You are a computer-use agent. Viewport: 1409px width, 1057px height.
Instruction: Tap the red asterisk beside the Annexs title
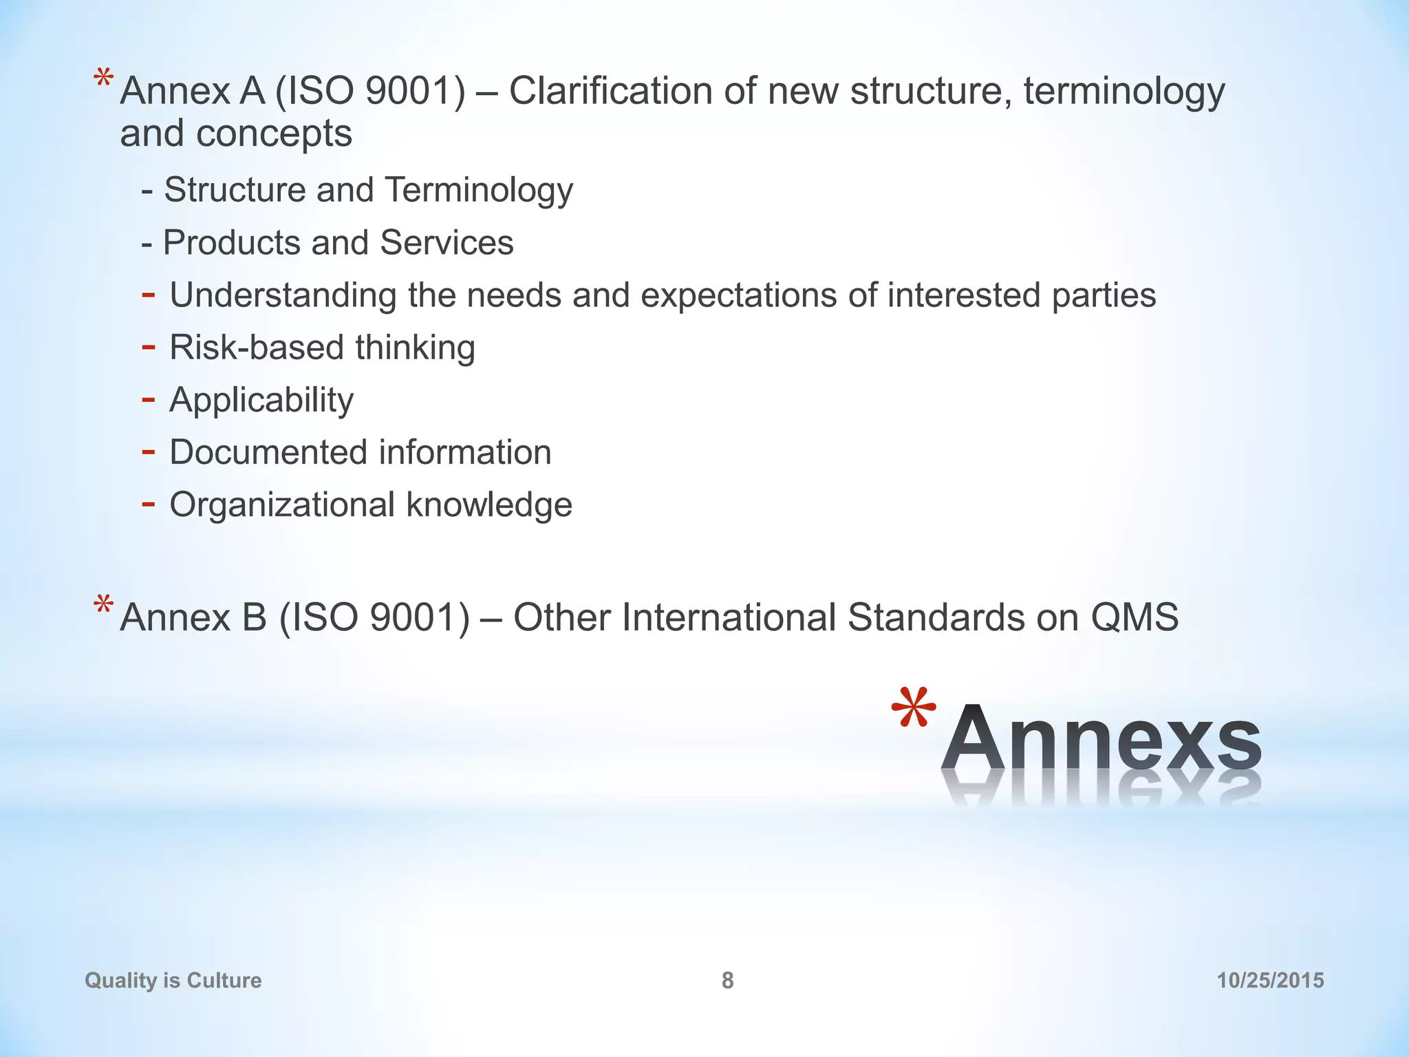coord(914,709)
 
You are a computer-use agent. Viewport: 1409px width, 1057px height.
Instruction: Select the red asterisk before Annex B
coord(104,606)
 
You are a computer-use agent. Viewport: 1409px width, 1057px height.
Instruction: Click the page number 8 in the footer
coord(727,980)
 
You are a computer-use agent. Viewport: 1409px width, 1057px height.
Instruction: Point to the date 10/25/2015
coord(1270,980)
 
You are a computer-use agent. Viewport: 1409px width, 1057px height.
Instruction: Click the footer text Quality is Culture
coord(173,980)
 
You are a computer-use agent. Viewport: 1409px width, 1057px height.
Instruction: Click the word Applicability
coord(261,401)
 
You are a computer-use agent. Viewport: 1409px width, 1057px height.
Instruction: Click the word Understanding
coord(283,296)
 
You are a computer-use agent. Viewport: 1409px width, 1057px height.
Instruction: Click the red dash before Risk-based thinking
coord(148,347)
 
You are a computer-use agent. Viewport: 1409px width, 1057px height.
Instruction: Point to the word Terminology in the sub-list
coord(479,191)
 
